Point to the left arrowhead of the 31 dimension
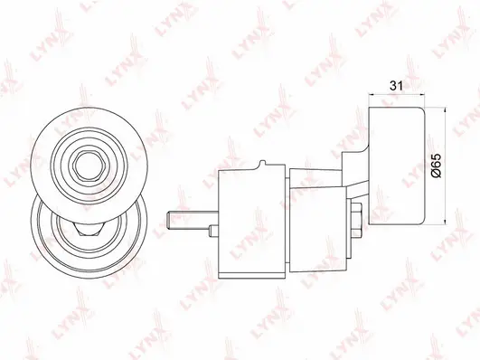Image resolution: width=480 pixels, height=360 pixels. [x=372, y=95]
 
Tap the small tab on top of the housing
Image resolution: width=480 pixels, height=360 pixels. [x=263, y=165]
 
